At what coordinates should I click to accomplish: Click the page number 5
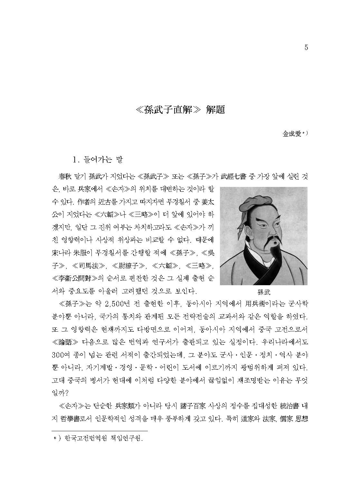[x=306, y=48]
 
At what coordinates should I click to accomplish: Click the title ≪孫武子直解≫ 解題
[x=180, y=110]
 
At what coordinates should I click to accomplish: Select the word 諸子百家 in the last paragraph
[x=183, y=403]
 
